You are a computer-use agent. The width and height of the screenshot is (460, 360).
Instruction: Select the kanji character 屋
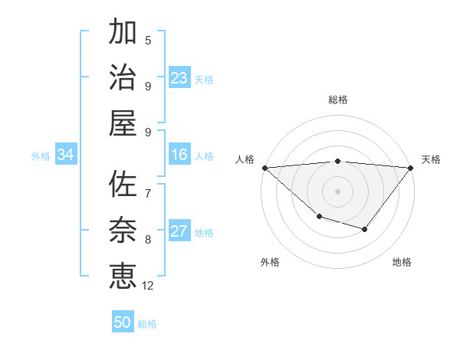tap(123, 123)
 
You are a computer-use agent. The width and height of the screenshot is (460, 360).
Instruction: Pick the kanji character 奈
tap(123, 229)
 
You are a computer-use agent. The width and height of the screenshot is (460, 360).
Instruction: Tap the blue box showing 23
tap(179, 78)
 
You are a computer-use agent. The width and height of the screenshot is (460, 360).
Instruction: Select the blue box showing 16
tap(179, 155)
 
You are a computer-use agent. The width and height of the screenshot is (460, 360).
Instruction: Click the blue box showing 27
tap(179, 232)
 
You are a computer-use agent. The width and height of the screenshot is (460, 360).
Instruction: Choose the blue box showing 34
tap(66, 155)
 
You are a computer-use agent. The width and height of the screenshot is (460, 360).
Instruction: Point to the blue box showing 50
tap(123, 322)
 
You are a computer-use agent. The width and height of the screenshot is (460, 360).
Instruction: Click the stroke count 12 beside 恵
tap(148, 286)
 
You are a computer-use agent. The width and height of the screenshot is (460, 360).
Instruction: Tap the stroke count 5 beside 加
tap(148, 41)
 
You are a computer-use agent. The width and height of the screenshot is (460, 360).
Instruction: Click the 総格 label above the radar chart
tap(338, 100)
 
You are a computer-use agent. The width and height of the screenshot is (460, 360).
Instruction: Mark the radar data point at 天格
tap(411, 167)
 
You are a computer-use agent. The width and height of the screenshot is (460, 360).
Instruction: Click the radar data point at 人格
tap(264, 167)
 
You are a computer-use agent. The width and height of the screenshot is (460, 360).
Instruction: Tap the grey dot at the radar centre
tap(338, 191)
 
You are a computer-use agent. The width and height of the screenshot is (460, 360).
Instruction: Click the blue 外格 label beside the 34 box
tap(41, 156)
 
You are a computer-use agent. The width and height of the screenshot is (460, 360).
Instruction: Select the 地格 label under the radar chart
tap(402, 263)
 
